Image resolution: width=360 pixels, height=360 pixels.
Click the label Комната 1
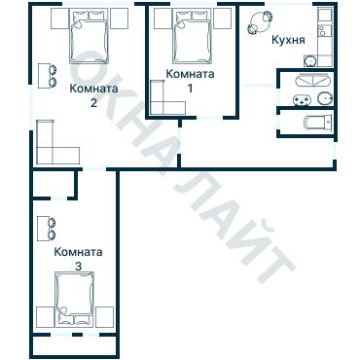pyautogui.click(x=190, y=81)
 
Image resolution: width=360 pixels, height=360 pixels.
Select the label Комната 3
pyautogui.click(x=80, y=258)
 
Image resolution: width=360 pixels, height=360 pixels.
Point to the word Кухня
pyautogui.click(x=289, y=41)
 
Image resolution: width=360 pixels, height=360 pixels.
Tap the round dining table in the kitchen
pyautogui.click(x=261, y=21)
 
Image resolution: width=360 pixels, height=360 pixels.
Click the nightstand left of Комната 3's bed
pyautogui.click(x=44, y=316)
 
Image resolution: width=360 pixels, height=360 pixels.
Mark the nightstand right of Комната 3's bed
pyautogui.click(x=107, y=316)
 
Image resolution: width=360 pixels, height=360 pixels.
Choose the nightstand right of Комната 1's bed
pyautogui.click(x=224, y=18)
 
